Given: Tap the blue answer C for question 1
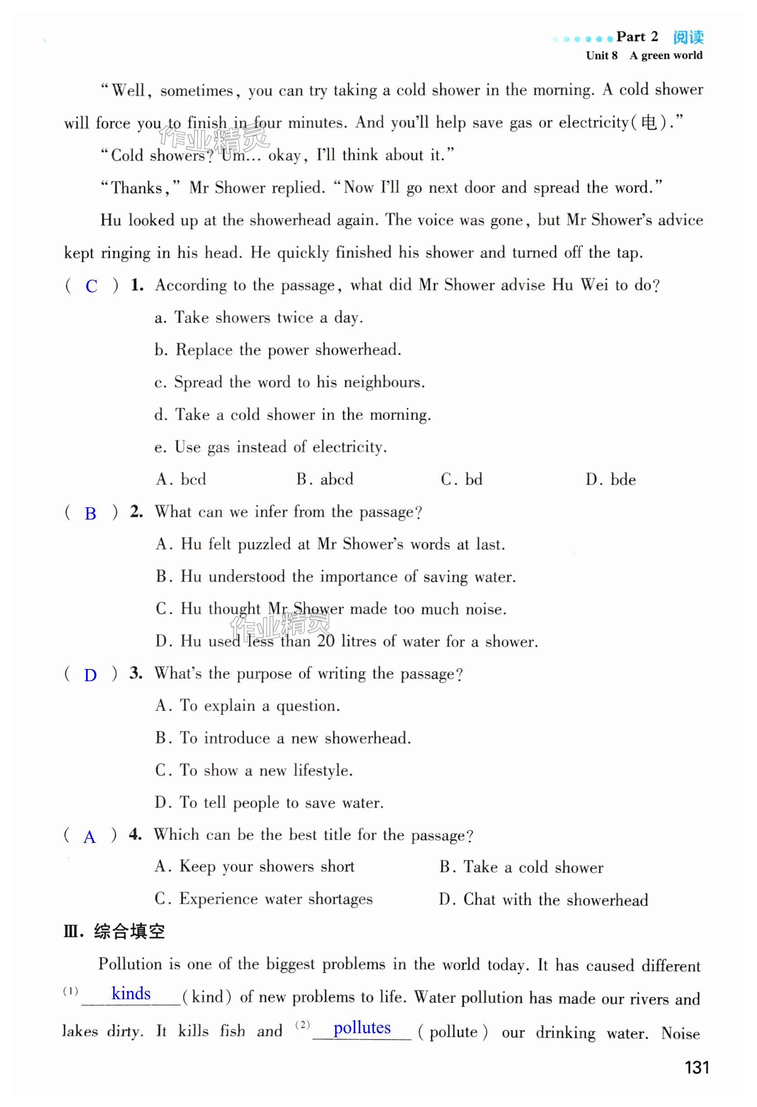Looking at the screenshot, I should (91, 286).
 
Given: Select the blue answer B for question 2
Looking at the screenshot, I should (90, 514).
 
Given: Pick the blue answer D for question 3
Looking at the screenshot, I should (90, 675).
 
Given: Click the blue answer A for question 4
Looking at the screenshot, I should (89, 837).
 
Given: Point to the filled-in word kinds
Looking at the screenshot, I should (131, 994).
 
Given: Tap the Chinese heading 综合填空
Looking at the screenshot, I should (129, 931).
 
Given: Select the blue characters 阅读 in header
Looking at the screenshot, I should (688, 37).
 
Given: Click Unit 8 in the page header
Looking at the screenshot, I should (601, 56).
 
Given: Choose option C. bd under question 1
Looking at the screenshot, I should (461, 479).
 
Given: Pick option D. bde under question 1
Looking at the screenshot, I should (610, 479).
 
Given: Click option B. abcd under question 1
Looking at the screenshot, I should (325, 479).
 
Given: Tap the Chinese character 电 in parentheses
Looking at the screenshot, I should (648, 123).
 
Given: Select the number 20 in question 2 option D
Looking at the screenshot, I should (326, 641).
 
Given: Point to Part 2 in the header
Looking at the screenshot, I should (637, 37).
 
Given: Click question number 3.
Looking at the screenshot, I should (136, 673).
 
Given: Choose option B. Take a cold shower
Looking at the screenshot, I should (521, 867).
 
